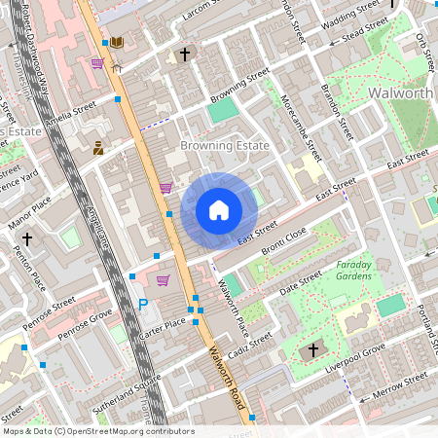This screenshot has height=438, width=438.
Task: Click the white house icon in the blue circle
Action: point(219,210)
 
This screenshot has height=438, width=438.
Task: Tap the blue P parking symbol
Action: point(144,305)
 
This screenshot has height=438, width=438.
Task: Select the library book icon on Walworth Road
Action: point(117,43)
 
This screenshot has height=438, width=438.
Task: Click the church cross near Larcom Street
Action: point(185,55)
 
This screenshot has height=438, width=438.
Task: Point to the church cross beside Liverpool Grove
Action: point(313,349)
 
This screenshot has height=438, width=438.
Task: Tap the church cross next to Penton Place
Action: point(27,237)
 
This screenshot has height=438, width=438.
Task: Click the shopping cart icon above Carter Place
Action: point(163,280)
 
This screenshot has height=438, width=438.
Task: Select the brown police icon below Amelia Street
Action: point(98,148)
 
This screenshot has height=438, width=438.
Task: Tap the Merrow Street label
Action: point(400,383)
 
